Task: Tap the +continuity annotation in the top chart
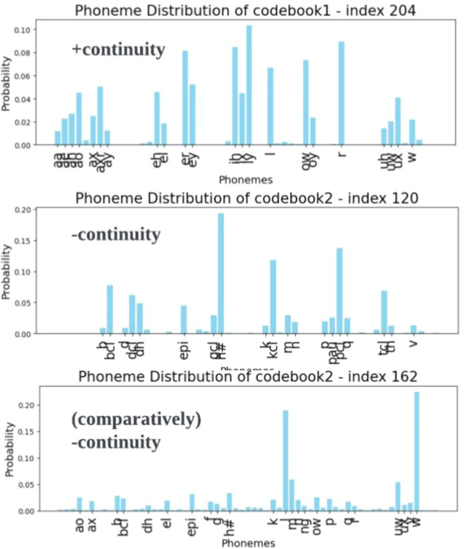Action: (x=118, y=50)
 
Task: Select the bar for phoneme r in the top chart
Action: (x=342, y=93)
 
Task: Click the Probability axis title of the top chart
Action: (x=7, y=82)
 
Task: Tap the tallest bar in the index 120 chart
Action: (x=221, y=273)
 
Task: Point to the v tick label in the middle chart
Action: (x=413, y=344)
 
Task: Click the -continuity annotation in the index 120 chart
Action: (x=116, y=234)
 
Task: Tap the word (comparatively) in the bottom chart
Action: (x=136, y=420)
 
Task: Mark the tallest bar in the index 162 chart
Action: (x=417, y=451)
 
